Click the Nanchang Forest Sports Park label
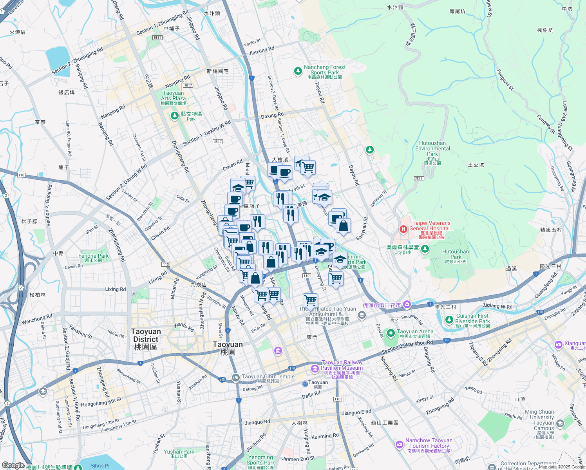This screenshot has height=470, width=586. [325, 70]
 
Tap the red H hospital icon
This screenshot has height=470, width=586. [403, 229]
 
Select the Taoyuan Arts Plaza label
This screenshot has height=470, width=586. [173, 96]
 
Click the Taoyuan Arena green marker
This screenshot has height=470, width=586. [391, 333]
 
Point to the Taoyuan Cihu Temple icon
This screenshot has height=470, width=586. [235, 378]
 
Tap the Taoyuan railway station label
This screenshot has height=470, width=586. [318, 383]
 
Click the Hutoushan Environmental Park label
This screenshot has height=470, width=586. [432, 149]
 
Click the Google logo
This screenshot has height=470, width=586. [13, 465]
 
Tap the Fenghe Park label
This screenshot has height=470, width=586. [94, 256]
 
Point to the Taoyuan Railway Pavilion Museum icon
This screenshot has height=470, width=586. [315, 369]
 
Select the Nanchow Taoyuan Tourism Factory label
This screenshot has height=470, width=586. [429, 443]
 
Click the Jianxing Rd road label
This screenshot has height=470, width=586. [262, 51]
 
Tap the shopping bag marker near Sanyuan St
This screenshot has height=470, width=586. [343, 226]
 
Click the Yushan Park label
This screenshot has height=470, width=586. [179, 452]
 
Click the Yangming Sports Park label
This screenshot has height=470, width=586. [260, 460]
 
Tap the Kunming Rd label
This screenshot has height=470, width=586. [325, 436]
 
